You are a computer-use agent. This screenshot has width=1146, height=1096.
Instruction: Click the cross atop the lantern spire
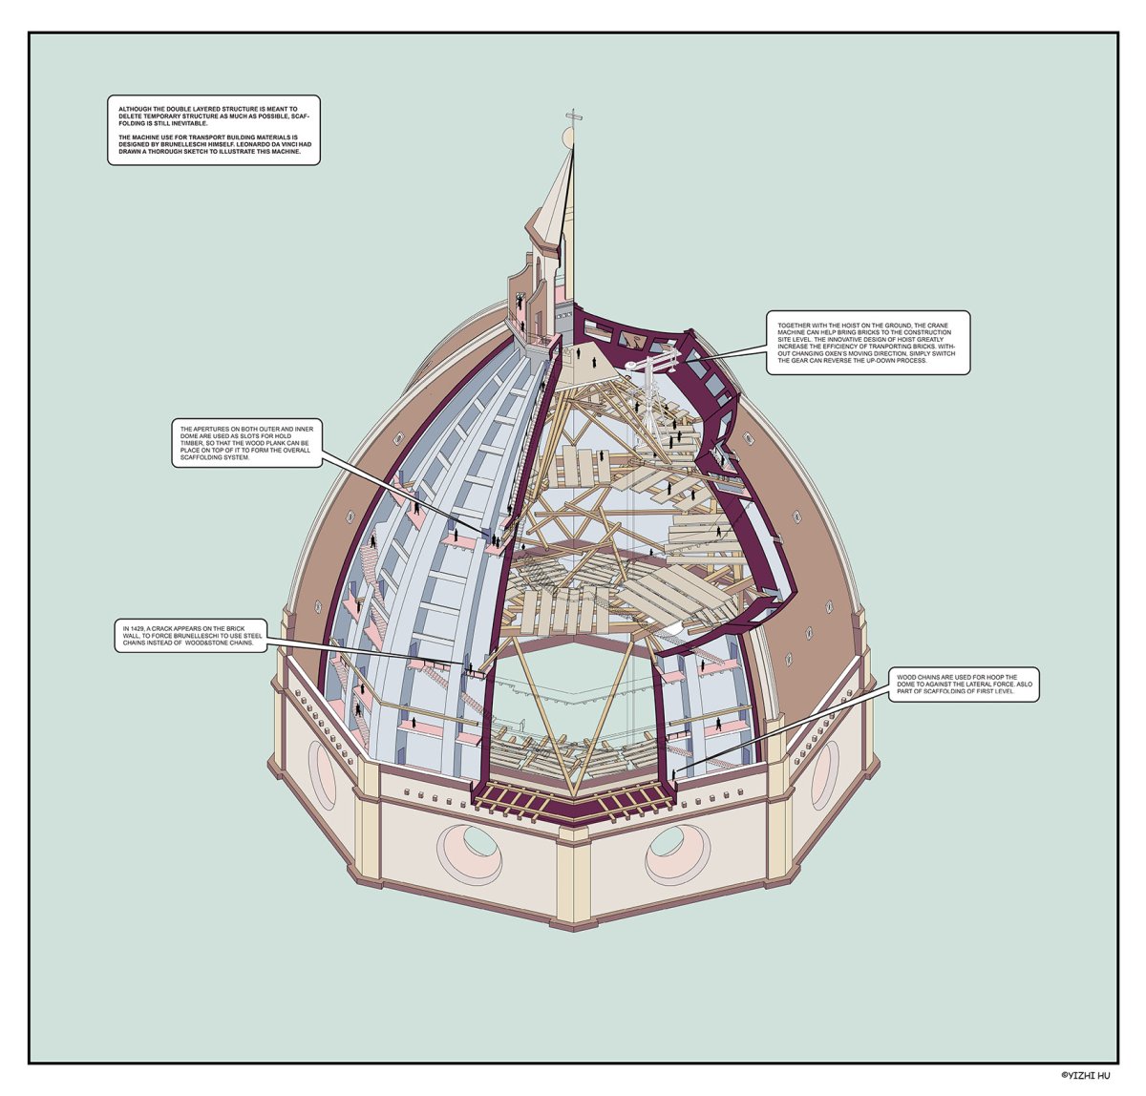pos(571,117)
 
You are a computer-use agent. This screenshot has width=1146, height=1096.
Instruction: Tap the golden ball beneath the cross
pos(568,138)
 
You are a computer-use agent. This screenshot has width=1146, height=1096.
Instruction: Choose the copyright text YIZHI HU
pos(1090,1075)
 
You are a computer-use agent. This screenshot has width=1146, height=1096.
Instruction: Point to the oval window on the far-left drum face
pos(322,769)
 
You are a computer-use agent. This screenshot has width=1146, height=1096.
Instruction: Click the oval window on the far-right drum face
pos(825,774)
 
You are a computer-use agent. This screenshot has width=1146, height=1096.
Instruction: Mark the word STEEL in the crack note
pos(253,636)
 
